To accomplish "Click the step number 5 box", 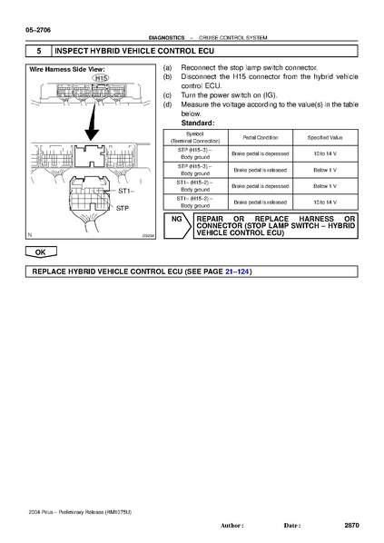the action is (39, 51).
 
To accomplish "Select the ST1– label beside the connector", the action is (125, 192).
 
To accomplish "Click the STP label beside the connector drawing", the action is (124, 208).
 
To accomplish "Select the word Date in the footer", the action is (291, 526).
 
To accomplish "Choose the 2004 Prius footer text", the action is (80, 513).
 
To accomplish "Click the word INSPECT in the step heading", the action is (81, 51).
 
